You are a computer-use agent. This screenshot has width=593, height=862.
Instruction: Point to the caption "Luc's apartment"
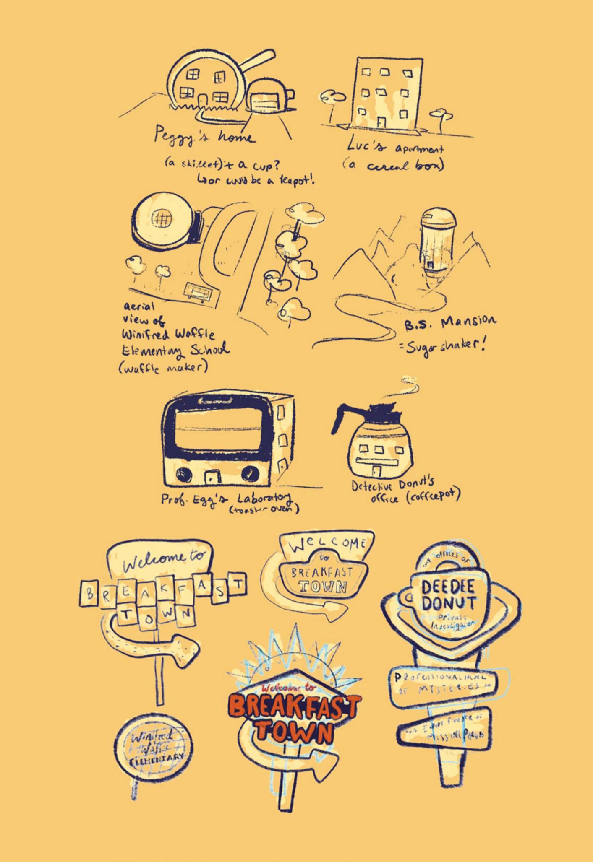[394, 148]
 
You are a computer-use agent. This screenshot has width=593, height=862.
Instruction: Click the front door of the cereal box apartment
[381, 122]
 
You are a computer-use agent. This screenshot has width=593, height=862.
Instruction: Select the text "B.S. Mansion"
[449, 325]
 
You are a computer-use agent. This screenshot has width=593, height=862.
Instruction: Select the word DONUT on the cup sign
[449, 603]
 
